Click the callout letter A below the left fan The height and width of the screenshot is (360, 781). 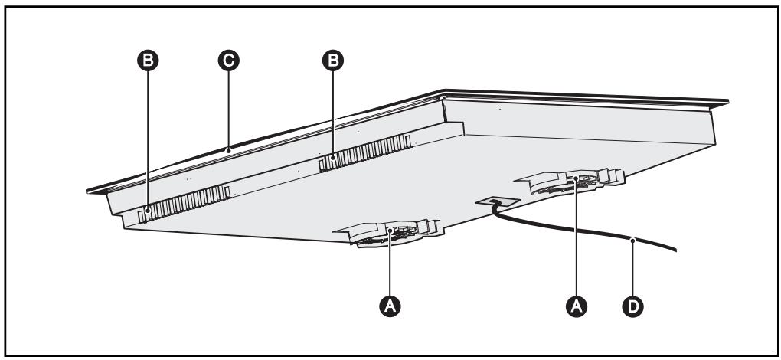pyautogui.click(x=390, y=305)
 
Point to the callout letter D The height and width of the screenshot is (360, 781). pyautogui.click(x=632, y=305)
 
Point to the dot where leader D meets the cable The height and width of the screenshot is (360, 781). pyautogui.click(x=632, y=241)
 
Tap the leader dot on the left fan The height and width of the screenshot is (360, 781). pyautogui.click(x=390, y=231)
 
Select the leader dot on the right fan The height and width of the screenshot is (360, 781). pyautogui.click(x=574, y=178)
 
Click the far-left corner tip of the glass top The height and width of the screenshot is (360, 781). pyautogui.click(x=87, y=189)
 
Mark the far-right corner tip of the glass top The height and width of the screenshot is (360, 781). pyautogui.click(x=728, y=103)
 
